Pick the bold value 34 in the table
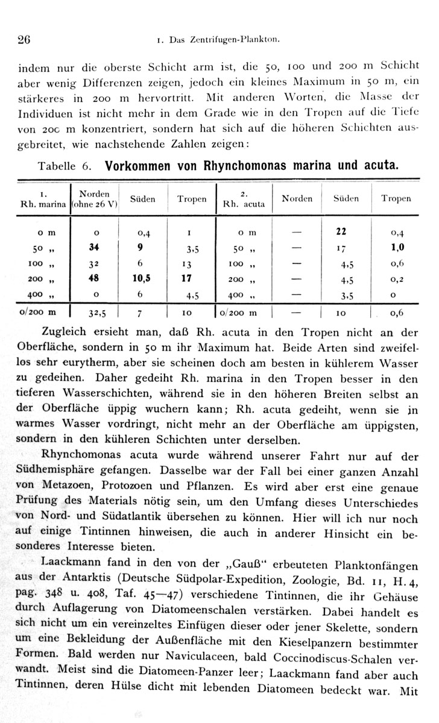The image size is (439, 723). click(x=93, y=246)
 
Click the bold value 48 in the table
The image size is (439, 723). click(x=93, y=280)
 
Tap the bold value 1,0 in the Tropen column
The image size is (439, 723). click(x=397, y=247)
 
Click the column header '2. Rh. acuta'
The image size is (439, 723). click(x=244, y=199)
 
